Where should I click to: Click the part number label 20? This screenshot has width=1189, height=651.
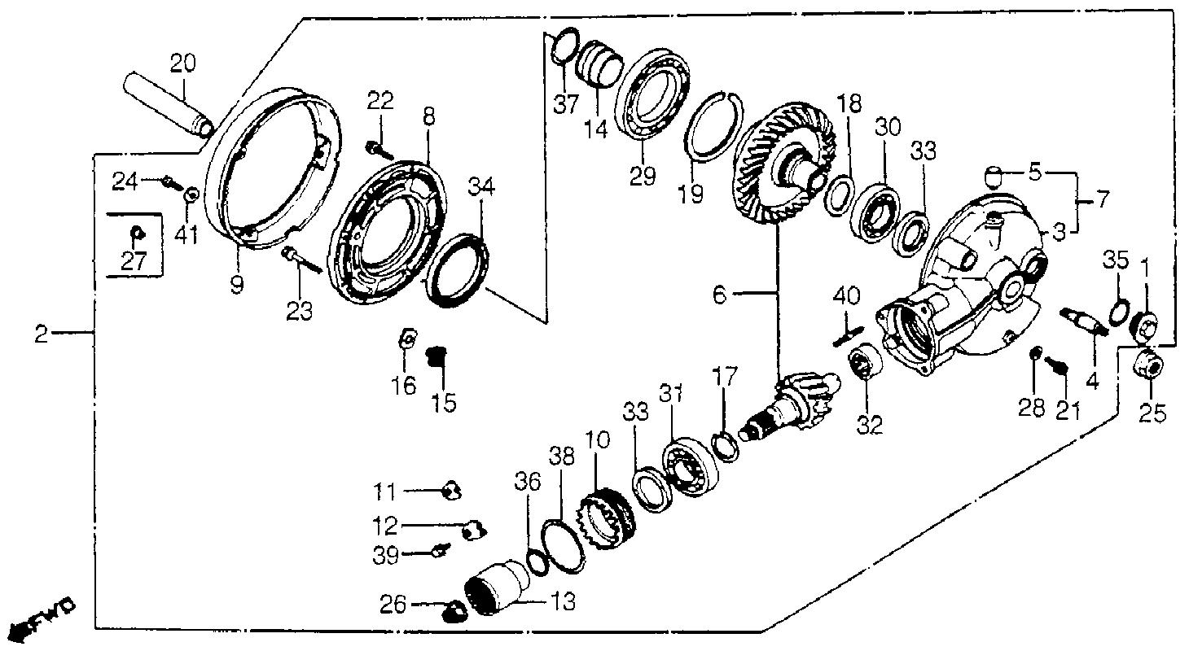click(x=183, y=63)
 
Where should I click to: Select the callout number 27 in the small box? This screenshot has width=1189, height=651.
click(x=134, y=261)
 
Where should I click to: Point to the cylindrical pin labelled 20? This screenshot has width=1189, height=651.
click(x=169, y=105)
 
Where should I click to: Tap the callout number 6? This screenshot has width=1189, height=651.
click(x=719, y=295)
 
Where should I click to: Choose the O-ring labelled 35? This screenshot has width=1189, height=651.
click(x=1119, y=312)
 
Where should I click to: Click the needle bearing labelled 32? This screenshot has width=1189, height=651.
click(x=865, y=361)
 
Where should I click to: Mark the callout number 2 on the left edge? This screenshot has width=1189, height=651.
click(x=42, y=334)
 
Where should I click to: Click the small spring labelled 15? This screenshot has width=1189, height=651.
click(x=437, y=356)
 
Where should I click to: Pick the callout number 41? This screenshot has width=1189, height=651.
click(x=186, y=234)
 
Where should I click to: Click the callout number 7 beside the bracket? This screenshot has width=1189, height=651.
click(x=1103, y=200)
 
